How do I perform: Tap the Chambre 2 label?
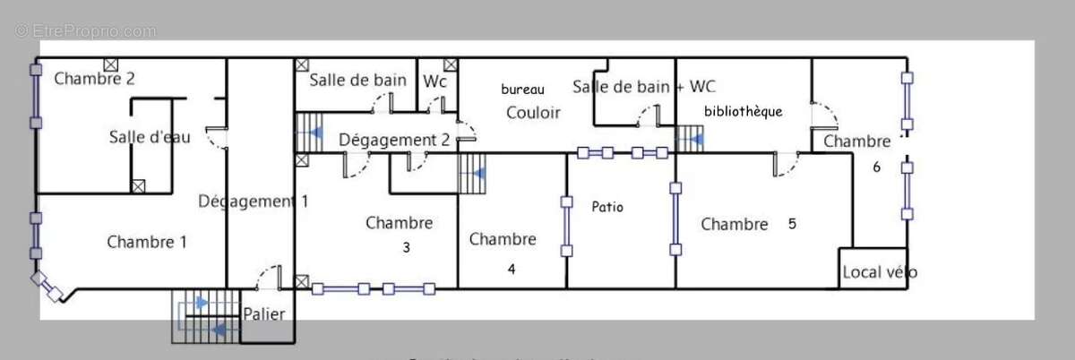pyautogui.click(x=94, y=78)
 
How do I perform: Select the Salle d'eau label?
pyautogui.click(x=150, y=137)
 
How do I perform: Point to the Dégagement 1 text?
pyautogui.click(x=253, y=201)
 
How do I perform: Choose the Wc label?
pyautogui.click(x=435, y=81)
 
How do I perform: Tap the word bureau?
pyautogui.click(x=522, y=90)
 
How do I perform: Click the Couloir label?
pyautogui.click(x=533, y=113)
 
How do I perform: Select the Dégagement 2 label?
pyautogui.click(x=394, y=140)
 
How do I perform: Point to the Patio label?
pyautogui.click(x=607, y=207)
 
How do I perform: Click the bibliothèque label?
pyautogui.click(x=744, y=112)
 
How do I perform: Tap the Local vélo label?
pyautogui.click(x=879, y=272)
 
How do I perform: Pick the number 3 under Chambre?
pyautogui.click(x=406, y=248)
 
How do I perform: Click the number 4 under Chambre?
pyautogui.click(x=512, y=267)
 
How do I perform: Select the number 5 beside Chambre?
pyautogui.click(x=792, y=224)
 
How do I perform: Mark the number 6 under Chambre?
pyautogui.click(x=877, y=167)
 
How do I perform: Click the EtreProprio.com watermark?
pyautogui.click(x=86, y=31)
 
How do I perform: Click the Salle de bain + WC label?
pyautogui.click(x=643, y=87)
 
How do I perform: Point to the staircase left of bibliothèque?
pyautogui.click(x=689, y=139)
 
